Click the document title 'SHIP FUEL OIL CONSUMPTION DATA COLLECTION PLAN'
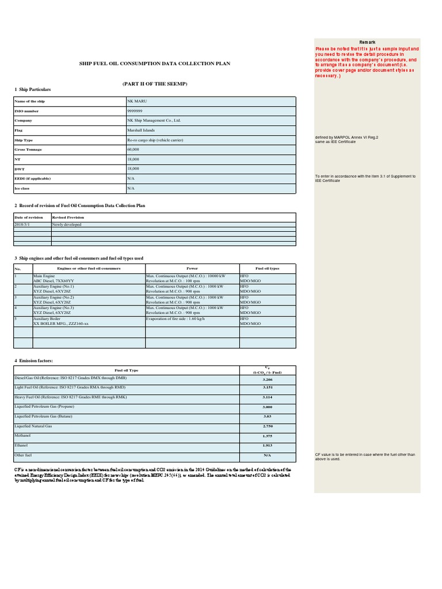[154, 63]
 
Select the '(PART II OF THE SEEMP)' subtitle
[154, 84]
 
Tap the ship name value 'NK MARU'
[137, 101]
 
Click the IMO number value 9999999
[135, 110]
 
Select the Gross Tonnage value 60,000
[133, 150]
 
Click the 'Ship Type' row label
[24, 140]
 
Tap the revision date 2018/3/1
[24, 225]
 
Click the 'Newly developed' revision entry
[67, 225]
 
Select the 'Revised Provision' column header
[67, 217]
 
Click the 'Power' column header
[192, 268]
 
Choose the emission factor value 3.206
[267, 380]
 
